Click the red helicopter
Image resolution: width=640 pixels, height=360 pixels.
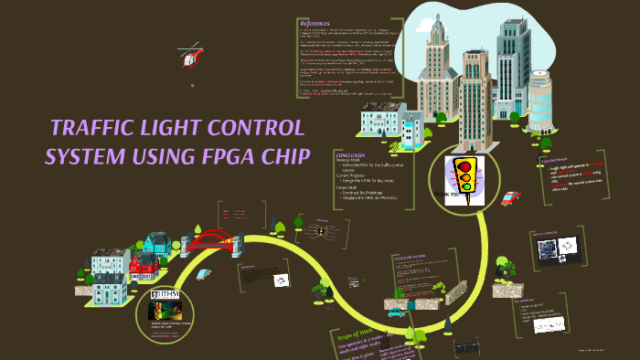(x=190, y=59)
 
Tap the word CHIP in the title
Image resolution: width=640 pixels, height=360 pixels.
(x=286, y=154)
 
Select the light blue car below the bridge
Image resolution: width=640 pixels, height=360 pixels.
(x=204, y=273)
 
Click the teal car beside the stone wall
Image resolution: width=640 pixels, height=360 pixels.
(x=395, y=312)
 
